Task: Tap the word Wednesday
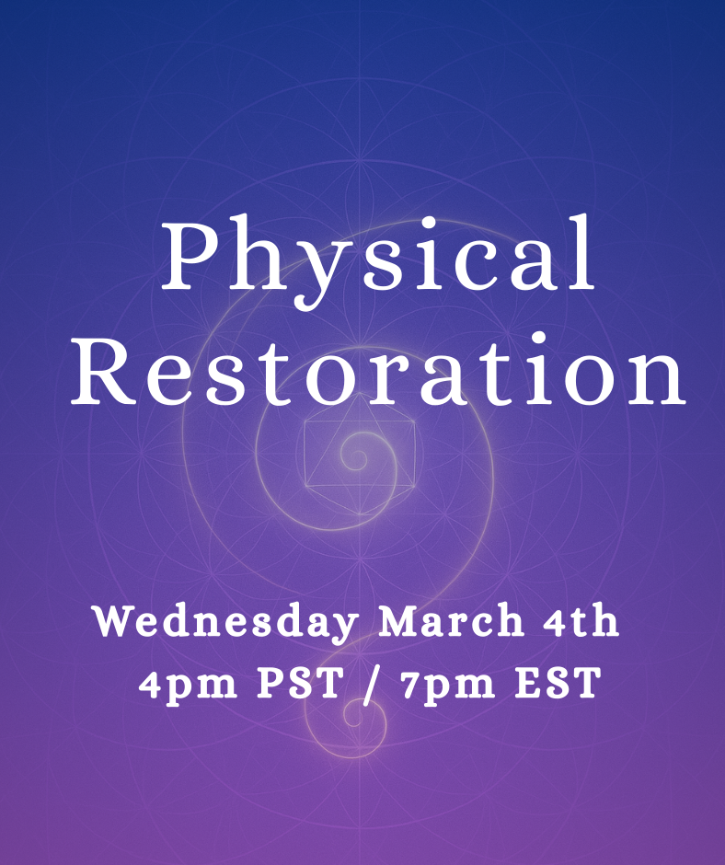225,623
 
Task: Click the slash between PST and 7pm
371,686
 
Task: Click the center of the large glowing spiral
354,455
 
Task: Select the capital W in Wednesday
115,623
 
